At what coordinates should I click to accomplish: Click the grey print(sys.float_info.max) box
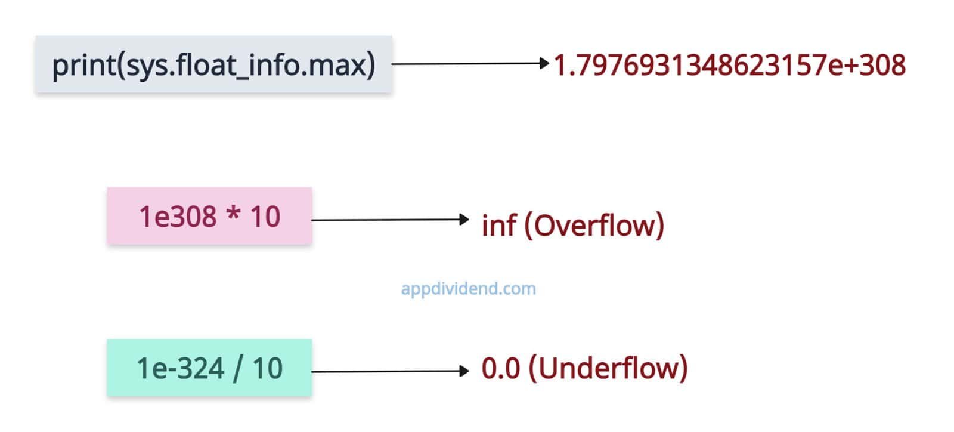(x=213, y=64)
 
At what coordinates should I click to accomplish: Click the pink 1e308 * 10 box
(x=209, y=216)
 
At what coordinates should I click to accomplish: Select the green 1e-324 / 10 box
(x=209, y=368)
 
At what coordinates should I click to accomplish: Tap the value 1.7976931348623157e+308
(x=729, y=65)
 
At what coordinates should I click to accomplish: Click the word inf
(x=498, y=226)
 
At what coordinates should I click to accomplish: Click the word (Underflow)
(x=608, y=368)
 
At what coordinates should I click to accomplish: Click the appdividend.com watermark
(x=468, y=289)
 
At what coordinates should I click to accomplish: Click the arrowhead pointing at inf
(x=465, y=220)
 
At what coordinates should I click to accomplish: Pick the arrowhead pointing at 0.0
(x=465, y=371)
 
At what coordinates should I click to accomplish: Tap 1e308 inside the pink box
(x=178, y=216)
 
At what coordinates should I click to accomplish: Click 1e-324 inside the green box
(x=181, y=368)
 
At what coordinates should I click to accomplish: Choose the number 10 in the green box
(x=267, y=368)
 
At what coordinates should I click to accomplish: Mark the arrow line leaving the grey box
(x=465, y=63)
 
